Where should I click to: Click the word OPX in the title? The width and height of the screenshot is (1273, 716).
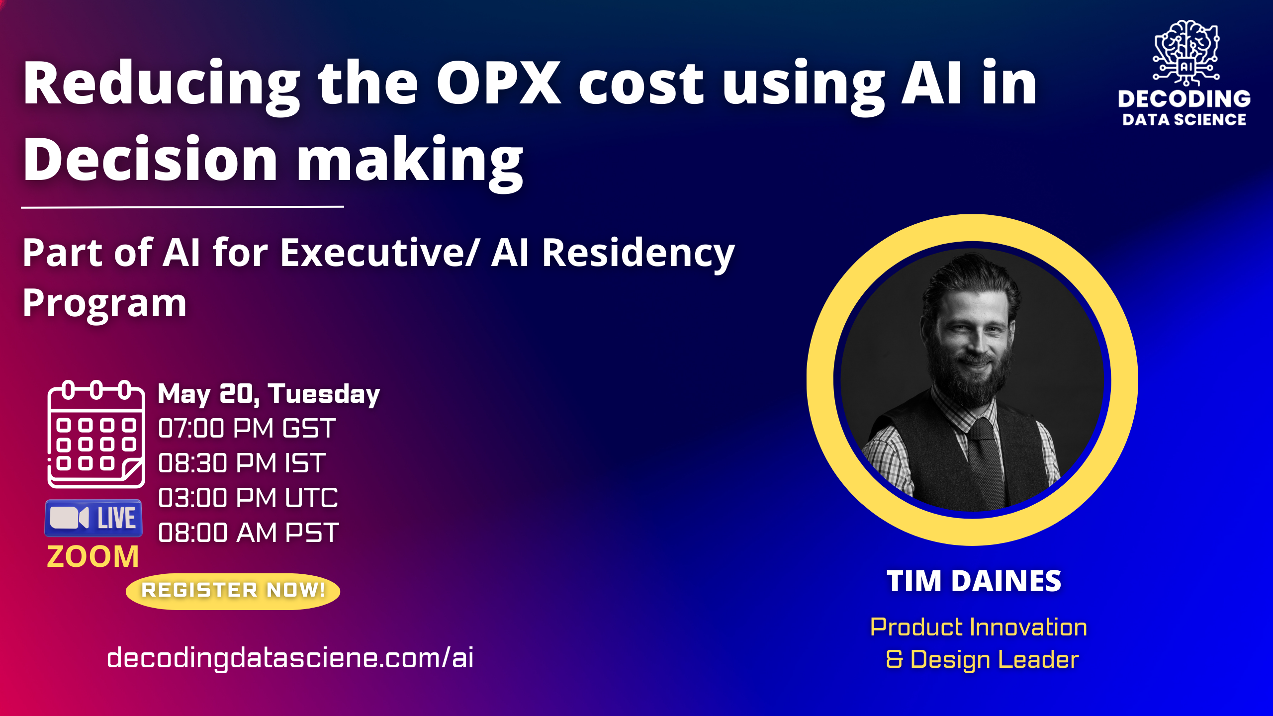tap(499, 84)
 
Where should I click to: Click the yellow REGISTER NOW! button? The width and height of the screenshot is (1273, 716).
tap(233, 591)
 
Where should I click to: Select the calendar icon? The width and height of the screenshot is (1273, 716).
tap(96, 434)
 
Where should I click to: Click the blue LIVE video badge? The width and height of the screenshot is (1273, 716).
tap(93, 518)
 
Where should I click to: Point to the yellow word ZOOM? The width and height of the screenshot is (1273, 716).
tap(93, 556)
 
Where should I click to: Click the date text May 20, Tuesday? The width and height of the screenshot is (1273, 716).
tap(269, 394)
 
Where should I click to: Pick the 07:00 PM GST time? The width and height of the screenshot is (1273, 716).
tap(247, 428)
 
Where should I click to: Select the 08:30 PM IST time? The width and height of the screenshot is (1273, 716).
tap(242, 463)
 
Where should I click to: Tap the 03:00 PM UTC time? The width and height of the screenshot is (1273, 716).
tap(248, 498)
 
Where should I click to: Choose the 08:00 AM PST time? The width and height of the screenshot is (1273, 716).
tap(248, 533)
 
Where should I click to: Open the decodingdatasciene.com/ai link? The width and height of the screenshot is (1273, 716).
tap(290, 658)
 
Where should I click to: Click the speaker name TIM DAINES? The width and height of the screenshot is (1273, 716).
tap(974, 581)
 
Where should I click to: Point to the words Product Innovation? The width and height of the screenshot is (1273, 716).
tap(978, 627)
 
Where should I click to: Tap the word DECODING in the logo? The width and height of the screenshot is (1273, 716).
tap(1184, 99)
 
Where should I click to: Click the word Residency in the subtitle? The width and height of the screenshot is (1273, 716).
tap(638, 253)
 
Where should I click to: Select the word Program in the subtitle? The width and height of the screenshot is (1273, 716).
tap(104, 303)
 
